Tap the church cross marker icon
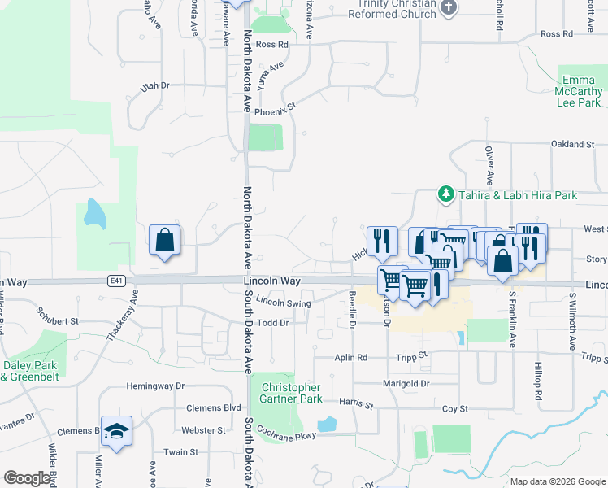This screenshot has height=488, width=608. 449,8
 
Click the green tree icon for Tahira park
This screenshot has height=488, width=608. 445,194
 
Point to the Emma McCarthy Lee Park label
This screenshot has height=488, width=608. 578,92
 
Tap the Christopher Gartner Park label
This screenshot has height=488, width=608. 290,393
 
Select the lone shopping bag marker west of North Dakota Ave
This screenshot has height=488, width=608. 164,240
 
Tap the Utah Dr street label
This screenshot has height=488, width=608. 154,85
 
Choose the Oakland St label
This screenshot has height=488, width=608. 573,144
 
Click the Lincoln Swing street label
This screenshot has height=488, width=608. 284,302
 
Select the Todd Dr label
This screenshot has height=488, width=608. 273,323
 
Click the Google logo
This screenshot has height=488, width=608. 27,478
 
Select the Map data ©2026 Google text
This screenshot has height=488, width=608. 557,481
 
